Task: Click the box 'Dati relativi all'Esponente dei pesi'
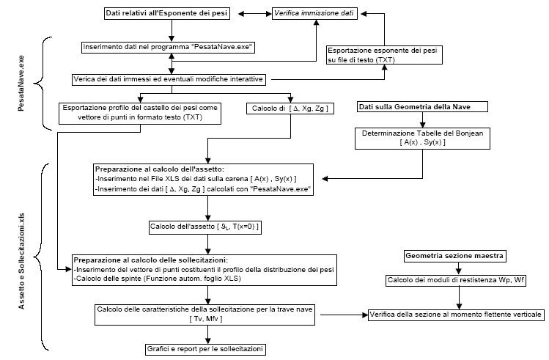(x=166, y=14)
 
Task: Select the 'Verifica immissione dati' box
(x=314, y=14)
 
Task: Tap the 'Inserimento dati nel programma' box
(x=168, y=47)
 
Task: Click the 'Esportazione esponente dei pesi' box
(x=384, y=55)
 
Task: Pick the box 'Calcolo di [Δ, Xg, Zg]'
(x=290, y=109)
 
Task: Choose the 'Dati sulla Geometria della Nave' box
(x=422, y=107)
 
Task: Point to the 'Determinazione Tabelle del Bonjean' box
(x=422, y=139)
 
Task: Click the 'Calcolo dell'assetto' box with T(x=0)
(x=205, y=227)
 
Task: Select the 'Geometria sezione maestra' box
(x=454, y=256)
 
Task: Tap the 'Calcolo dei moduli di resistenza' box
(x=456, y=280)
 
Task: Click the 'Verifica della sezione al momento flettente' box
(x=456, y=315)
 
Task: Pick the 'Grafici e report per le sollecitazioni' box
(x=205, y=349)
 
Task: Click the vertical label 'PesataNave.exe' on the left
(x=21, y=84)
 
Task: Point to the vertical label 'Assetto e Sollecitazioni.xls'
(x=21, y=261)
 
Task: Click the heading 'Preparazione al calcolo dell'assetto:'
(x=159, y=169)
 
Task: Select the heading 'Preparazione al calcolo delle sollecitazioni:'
(x=150, y=260)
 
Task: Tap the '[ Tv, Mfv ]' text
(x=205, y=319)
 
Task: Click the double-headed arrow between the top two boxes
(x=255, y=14)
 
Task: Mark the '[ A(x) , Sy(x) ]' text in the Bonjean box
(x=422, y=142)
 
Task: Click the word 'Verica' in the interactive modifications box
(x=84, y=79)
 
